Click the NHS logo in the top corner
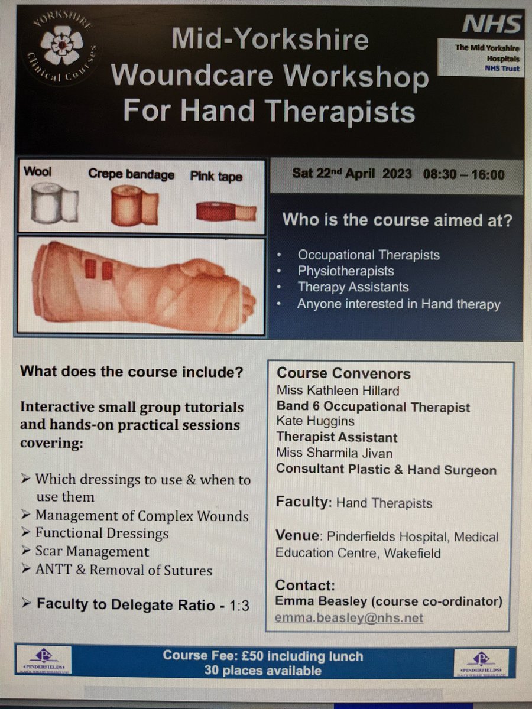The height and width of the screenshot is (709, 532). coord(491,25)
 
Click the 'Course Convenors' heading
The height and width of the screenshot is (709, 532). coord(343,373)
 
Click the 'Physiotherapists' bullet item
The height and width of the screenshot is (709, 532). coord(346,272)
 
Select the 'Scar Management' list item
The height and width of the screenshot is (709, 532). coord(92,552)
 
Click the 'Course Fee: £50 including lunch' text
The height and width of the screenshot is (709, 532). coord(263,656)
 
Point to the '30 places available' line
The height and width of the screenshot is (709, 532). coord(263,670)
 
